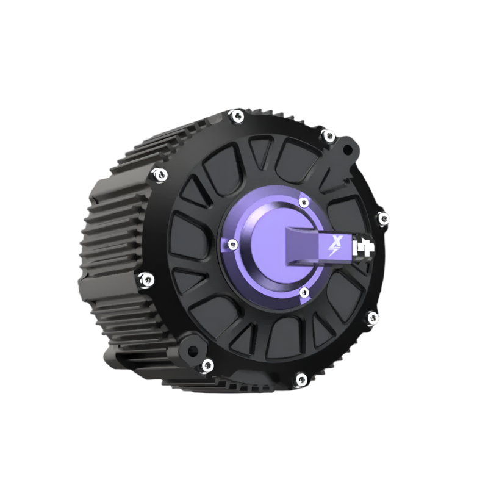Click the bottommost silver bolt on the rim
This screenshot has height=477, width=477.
coord(300,379)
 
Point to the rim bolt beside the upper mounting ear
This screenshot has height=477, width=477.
coord(328,135)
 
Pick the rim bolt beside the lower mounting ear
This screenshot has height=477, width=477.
coord(207,365)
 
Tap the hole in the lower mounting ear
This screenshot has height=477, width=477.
coord(193,351)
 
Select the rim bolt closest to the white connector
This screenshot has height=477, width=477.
coord(382,218)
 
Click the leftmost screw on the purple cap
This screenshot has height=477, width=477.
coord(231,245)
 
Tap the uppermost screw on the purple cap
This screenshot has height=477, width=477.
coord(303,202)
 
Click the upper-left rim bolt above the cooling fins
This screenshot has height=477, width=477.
coord(160,174)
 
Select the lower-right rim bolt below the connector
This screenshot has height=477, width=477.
coord(372,318)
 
